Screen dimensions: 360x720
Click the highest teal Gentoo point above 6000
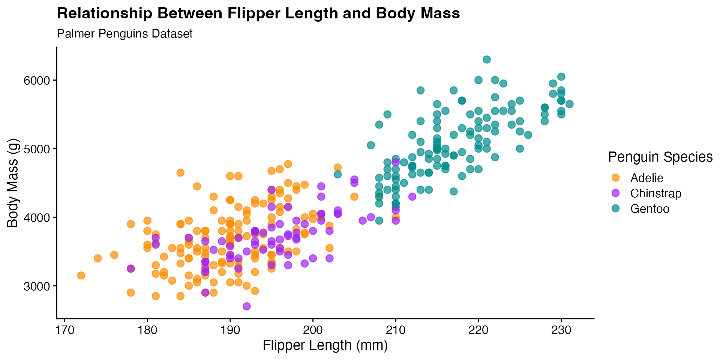(x=487, y=60)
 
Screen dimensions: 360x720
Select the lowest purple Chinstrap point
(x=247, y=306)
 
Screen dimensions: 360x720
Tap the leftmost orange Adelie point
(x=81, y=276)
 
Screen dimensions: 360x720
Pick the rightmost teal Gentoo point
(x=569, y=104)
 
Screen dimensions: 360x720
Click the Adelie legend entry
(x=646, y=178)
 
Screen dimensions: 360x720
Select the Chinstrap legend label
(x=655, y=193)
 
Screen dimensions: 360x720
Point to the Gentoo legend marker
(x=615, y=208)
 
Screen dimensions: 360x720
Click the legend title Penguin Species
(x=660, y=157)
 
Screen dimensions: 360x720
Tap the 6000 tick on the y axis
(x=37, y=81)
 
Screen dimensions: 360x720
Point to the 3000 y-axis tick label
(x=37, y=286)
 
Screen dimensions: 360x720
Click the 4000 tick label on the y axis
(x=37, y=217)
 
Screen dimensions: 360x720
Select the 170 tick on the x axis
(x=64, y=330)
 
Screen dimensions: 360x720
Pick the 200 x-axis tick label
(x=313, y=330)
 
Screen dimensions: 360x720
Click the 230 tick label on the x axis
(x=561, y=330)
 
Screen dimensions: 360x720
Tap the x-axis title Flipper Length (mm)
(x=325, y=345)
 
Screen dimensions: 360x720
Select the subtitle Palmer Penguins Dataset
(x=124, y=34)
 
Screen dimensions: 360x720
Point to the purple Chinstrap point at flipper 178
(x=131, y=269)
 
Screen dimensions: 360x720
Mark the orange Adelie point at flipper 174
(x=98, y=258)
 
